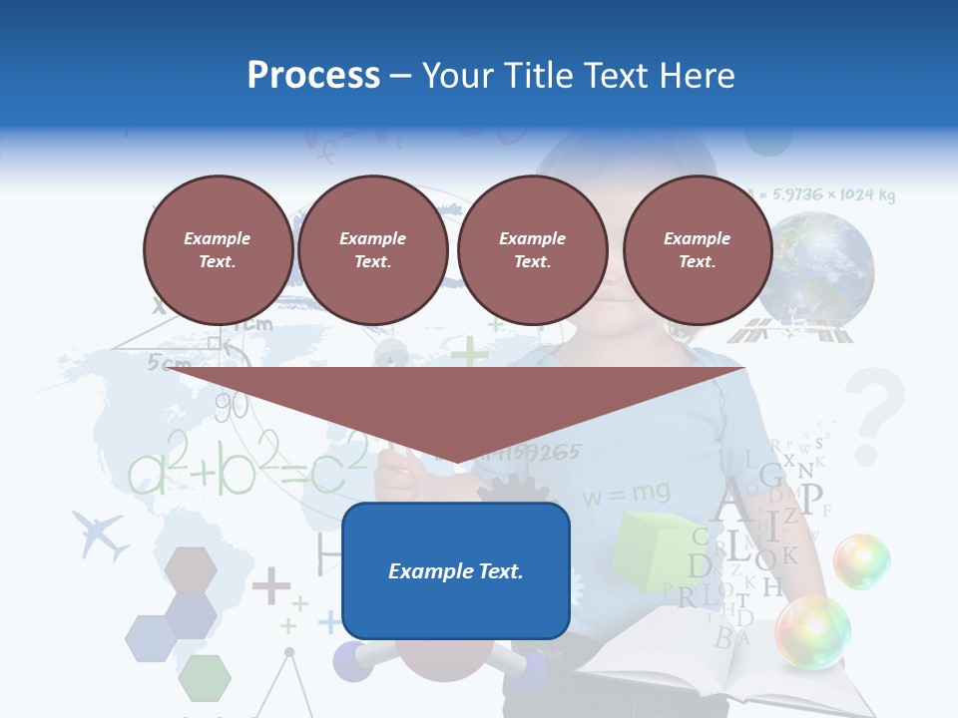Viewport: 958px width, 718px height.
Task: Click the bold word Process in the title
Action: pyautogui.click(x=313, y=75)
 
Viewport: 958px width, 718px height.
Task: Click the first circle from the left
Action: pyautogui.click(x=218, y=249)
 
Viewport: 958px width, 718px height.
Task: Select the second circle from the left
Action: pyautogui.click(x=372, y=249)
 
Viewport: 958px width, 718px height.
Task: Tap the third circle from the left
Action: pyautogui.click(x=532, y=249)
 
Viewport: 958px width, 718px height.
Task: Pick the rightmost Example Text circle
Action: pyautogui.click(x=697, y=249)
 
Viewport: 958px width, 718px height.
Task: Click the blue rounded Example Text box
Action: pyautogui.click(x=455, y=570)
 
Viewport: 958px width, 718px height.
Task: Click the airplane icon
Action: pyautogui.click(x=100, y=536)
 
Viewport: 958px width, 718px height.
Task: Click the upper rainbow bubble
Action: pyautogui.click(x=860, y=561)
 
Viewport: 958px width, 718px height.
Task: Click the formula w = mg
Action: pyautogui.click(x=626, y=492)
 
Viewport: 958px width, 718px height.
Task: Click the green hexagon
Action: pyautogui.click(x=204, y=677)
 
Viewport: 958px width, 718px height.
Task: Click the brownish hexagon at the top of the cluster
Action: pyautogui.click(x=191, y=569)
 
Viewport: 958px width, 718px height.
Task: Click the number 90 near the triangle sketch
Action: pyautogui.click(x=231, y=406)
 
